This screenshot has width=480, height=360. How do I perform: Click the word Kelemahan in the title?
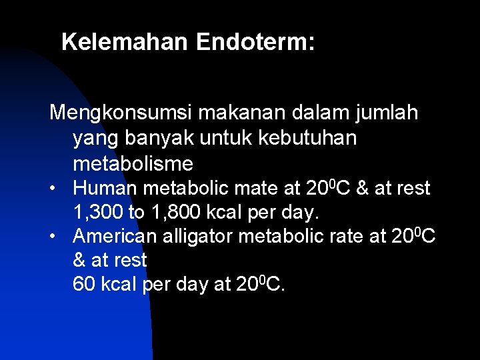tap(125, 42)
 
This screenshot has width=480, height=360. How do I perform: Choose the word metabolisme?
tap(133, 163)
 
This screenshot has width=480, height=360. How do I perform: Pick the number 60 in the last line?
tap(84, 284)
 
